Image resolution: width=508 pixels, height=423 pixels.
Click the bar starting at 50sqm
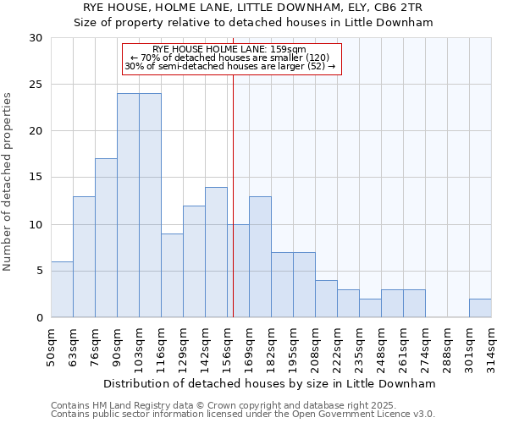point(62,289)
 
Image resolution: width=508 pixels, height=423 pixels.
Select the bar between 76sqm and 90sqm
point(106,238)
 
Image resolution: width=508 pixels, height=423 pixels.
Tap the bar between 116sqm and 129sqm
point(172,275)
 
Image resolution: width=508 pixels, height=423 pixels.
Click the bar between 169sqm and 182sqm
point(260,257)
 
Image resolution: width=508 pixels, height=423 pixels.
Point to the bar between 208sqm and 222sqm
point(326,299)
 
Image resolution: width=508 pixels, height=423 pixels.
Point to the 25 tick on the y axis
point(36,85)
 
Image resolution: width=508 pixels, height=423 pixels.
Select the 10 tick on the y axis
point(36,225)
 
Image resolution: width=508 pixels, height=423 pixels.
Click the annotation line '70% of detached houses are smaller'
point(230,58)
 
